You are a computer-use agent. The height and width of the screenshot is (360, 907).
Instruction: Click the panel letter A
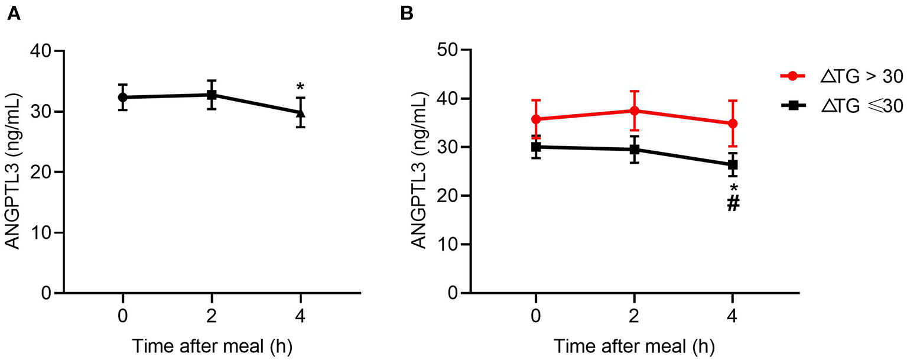click(x=12, y=14)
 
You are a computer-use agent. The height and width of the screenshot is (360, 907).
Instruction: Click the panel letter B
click(x=407, y=14)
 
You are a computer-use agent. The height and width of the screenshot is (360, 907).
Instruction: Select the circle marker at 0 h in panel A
click(x=122, y=97)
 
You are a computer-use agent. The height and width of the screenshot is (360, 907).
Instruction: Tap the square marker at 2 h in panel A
click(x=212, y=95)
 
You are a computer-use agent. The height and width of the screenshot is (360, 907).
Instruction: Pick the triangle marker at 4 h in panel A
click(x=300, y=112)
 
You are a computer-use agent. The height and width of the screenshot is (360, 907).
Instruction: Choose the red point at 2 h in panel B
click(x=634, y=111)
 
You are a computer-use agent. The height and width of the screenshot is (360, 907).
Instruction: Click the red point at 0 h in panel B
click(x=535, y=119)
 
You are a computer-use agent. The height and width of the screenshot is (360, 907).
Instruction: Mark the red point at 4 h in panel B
click(x=733, y=124)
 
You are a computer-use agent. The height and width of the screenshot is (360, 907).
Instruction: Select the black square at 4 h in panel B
click(x=733, y=165)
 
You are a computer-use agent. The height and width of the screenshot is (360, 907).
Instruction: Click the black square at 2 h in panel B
click(x=634, y=150)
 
